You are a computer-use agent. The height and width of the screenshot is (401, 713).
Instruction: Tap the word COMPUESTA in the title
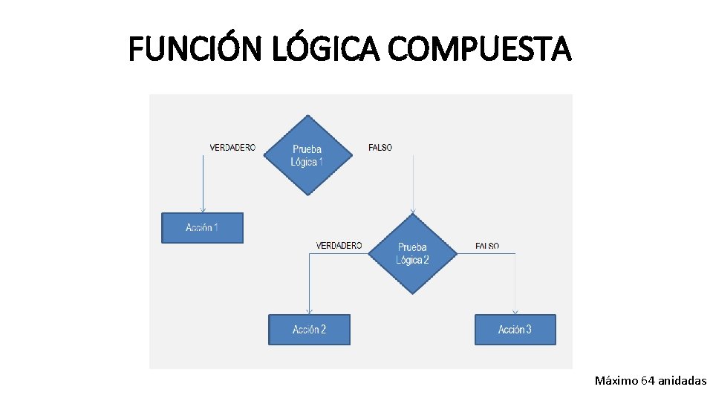click(x=480, y=50)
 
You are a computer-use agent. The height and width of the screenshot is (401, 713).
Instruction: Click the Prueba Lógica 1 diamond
click(x=307, y=155)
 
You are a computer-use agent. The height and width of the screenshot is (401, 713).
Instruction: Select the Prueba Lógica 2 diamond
click(x=412, y=253)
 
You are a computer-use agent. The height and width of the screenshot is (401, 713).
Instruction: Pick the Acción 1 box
click(x=202, y=228)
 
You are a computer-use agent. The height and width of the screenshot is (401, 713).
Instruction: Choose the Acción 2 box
click(x=309, y=330)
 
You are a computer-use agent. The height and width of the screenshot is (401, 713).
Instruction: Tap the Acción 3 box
click(x=515, y=330)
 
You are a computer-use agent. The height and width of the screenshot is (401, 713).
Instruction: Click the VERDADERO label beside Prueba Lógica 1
click(x=232, y=148)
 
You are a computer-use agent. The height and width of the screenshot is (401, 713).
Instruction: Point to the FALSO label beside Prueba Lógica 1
click(x=380, y=148)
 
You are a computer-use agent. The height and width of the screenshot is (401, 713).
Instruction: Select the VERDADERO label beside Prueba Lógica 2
click(x=339, y=246)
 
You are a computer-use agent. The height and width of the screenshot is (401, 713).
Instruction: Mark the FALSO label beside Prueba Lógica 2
click(x=487, y=246)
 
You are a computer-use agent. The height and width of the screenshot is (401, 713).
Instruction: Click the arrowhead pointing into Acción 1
click(x=202, y=210)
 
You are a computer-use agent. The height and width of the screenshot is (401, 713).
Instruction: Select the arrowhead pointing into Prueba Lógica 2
click(x=413, y=210)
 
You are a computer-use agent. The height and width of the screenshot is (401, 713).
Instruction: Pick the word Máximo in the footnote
click(x=616, y=381)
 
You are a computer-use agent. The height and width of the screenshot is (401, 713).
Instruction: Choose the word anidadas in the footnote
click(x=682, y=381)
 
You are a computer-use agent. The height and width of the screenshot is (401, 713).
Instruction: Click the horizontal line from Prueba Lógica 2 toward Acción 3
click(x=486, y=254)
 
